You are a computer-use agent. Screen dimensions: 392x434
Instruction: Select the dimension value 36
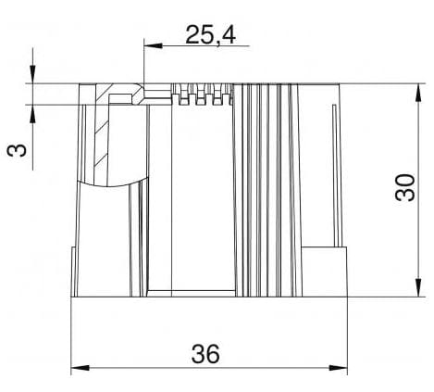point(209,354)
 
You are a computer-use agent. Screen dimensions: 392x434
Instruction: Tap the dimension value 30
point(403,188)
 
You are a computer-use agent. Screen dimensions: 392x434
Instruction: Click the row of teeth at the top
point(201,96)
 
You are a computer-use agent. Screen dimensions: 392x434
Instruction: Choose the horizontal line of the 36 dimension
point(209,371)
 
